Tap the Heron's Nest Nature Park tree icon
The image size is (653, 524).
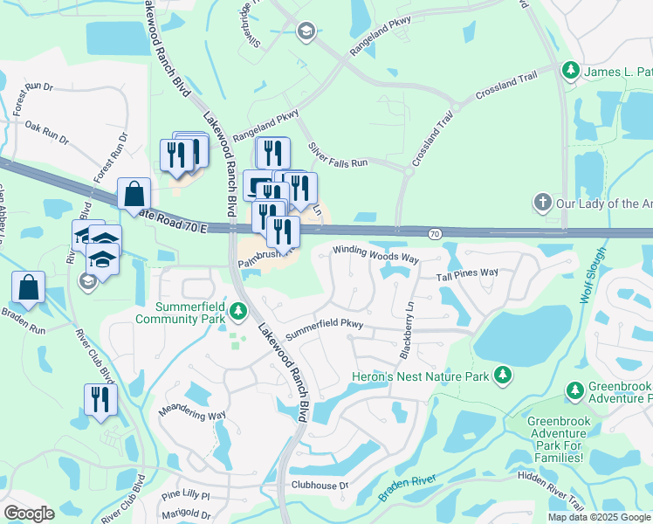(503, 376)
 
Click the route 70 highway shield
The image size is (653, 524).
(435, 233)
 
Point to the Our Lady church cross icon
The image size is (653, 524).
(541, 203)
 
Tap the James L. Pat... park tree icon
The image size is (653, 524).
(570, 69)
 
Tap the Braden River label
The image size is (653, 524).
(408, 486)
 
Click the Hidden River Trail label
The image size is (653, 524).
(550, 491)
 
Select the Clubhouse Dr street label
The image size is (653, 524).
(320, 486)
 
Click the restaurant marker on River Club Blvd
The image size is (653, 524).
(100, 400)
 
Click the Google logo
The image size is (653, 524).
(29, 514)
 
